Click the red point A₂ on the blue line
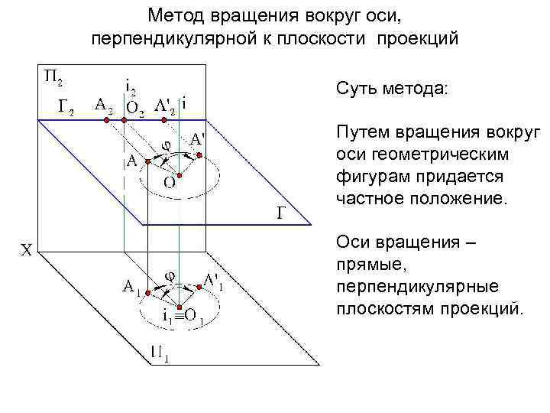point(106,119)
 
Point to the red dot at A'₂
point(180,119)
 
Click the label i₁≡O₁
point(180,315)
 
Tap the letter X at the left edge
point(25,249)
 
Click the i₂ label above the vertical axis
point(131,88)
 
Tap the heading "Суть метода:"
point(393,89)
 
